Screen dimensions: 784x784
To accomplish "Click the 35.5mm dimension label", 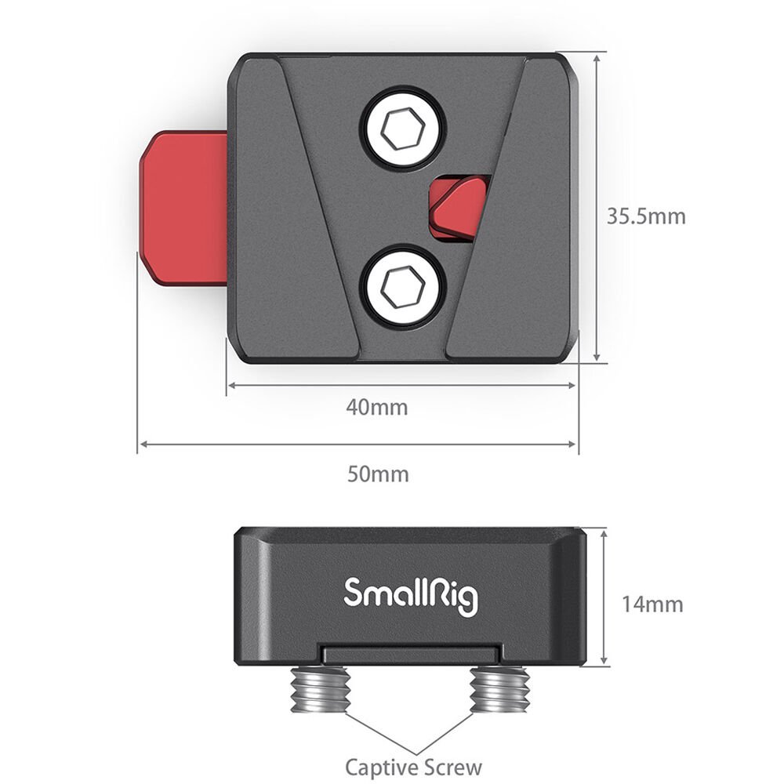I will tap(646, 216).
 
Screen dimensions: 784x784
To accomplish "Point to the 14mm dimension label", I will tap(652, 604).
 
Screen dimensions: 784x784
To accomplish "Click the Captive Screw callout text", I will tap(413, 766).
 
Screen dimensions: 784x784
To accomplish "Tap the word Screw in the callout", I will tap(452, 766).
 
